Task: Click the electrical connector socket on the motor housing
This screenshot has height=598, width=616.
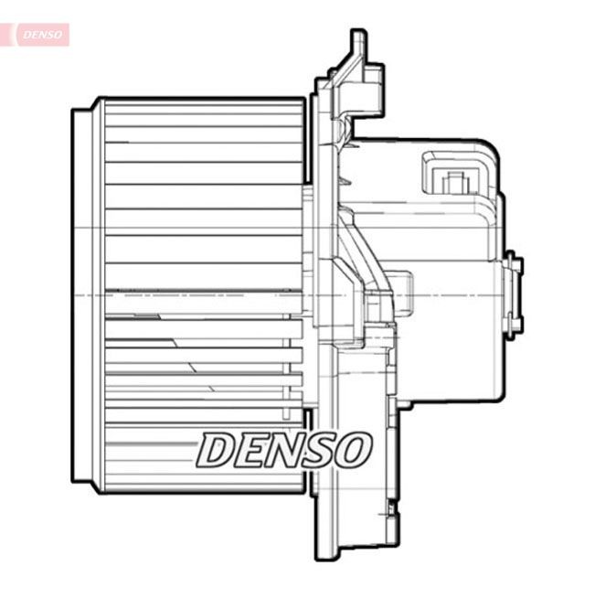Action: coord(453,175)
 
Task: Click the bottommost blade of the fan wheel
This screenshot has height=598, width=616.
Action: coord(204,483)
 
